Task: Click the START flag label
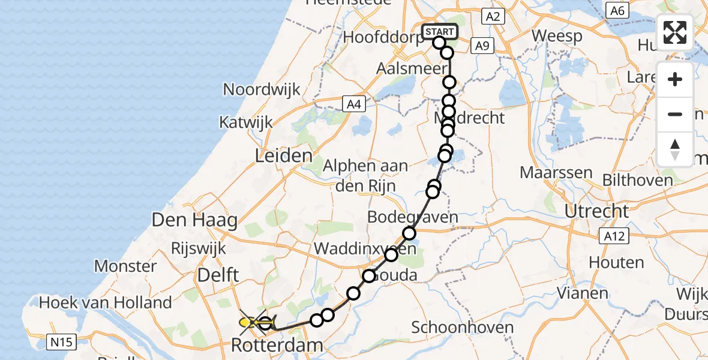(x=440, y=32)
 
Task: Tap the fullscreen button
(x=675, y=32)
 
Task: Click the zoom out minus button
(x=675, y=114)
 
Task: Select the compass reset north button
(x=675, y=149)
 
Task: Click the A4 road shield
(x=353, y=104)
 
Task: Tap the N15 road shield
(x=62, y=342)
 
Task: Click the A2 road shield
(x=493, y=16)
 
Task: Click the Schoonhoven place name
(x=463, y=328)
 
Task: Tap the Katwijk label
(x=246, y=122)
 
